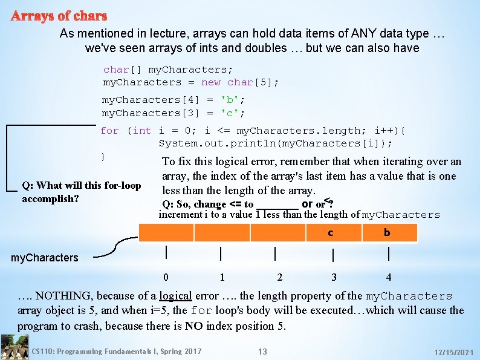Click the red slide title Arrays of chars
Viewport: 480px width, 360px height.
(59, 16)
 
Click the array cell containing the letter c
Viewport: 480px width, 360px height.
(330, 233)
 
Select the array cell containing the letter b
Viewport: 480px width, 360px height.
(387, 233)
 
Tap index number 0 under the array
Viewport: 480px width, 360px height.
(166, 277)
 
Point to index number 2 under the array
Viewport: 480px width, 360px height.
(279, 277)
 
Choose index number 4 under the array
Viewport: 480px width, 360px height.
(388, 277)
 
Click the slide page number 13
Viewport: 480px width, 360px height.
(262, 352)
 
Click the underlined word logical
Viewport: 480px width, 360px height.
(175, 296)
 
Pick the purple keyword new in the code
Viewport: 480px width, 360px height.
(211, 82)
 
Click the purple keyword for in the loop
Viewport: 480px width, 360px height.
(109, 131)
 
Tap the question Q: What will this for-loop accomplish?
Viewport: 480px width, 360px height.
(81, 192)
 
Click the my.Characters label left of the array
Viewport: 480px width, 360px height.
(45, 258)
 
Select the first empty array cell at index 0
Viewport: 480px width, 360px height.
(166, 233)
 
